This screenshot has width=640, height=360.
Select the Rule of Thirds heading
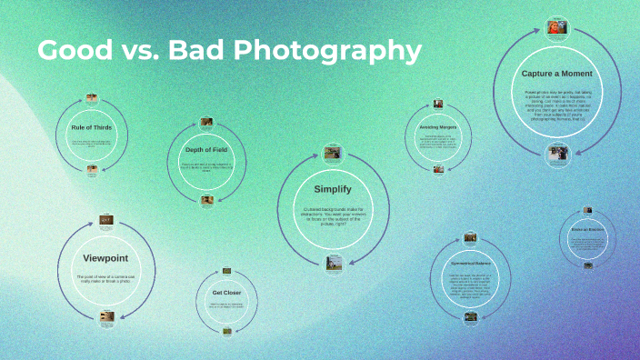[92, 127]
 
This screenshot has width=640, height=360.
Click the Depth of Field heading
[206, 149]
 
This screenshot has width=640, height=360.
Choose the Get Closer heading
[226, 293]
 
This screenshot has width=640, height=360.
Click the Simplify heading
[333, 189]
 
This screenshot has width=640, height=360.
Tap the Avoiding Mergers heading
[438, 127]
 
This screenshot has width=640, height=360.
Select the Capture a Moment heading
[557, 73]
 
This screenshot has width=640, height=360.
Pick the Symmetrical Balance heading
[471, 264]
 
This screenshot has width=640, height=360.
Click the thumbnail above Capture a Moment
[557, 27]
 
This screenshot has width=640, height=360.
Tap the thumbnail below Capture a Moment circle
[557, 153]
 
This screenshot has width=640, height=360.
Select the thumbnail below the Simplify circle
[334, 265]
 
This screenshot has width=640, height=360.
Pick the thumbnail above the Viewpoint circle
[106, 220]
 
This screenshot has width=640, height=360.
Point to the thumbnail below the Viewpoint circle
[106, 316]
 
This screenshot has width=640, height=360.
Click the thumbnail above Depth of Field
[206, 121]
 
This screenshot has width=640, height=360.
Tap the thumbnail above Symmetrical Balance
[471, 237]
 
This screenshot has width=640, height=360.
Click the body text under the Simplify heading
[333, 215]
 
